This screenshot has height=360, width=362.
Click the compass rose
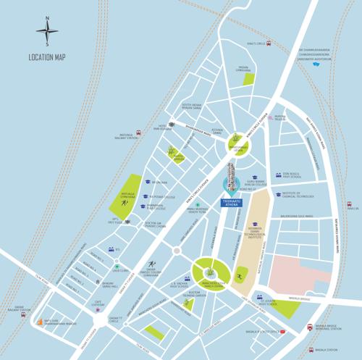point(49,31)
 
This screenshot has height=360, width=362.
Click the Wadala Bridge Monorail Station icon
point(312,327)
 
